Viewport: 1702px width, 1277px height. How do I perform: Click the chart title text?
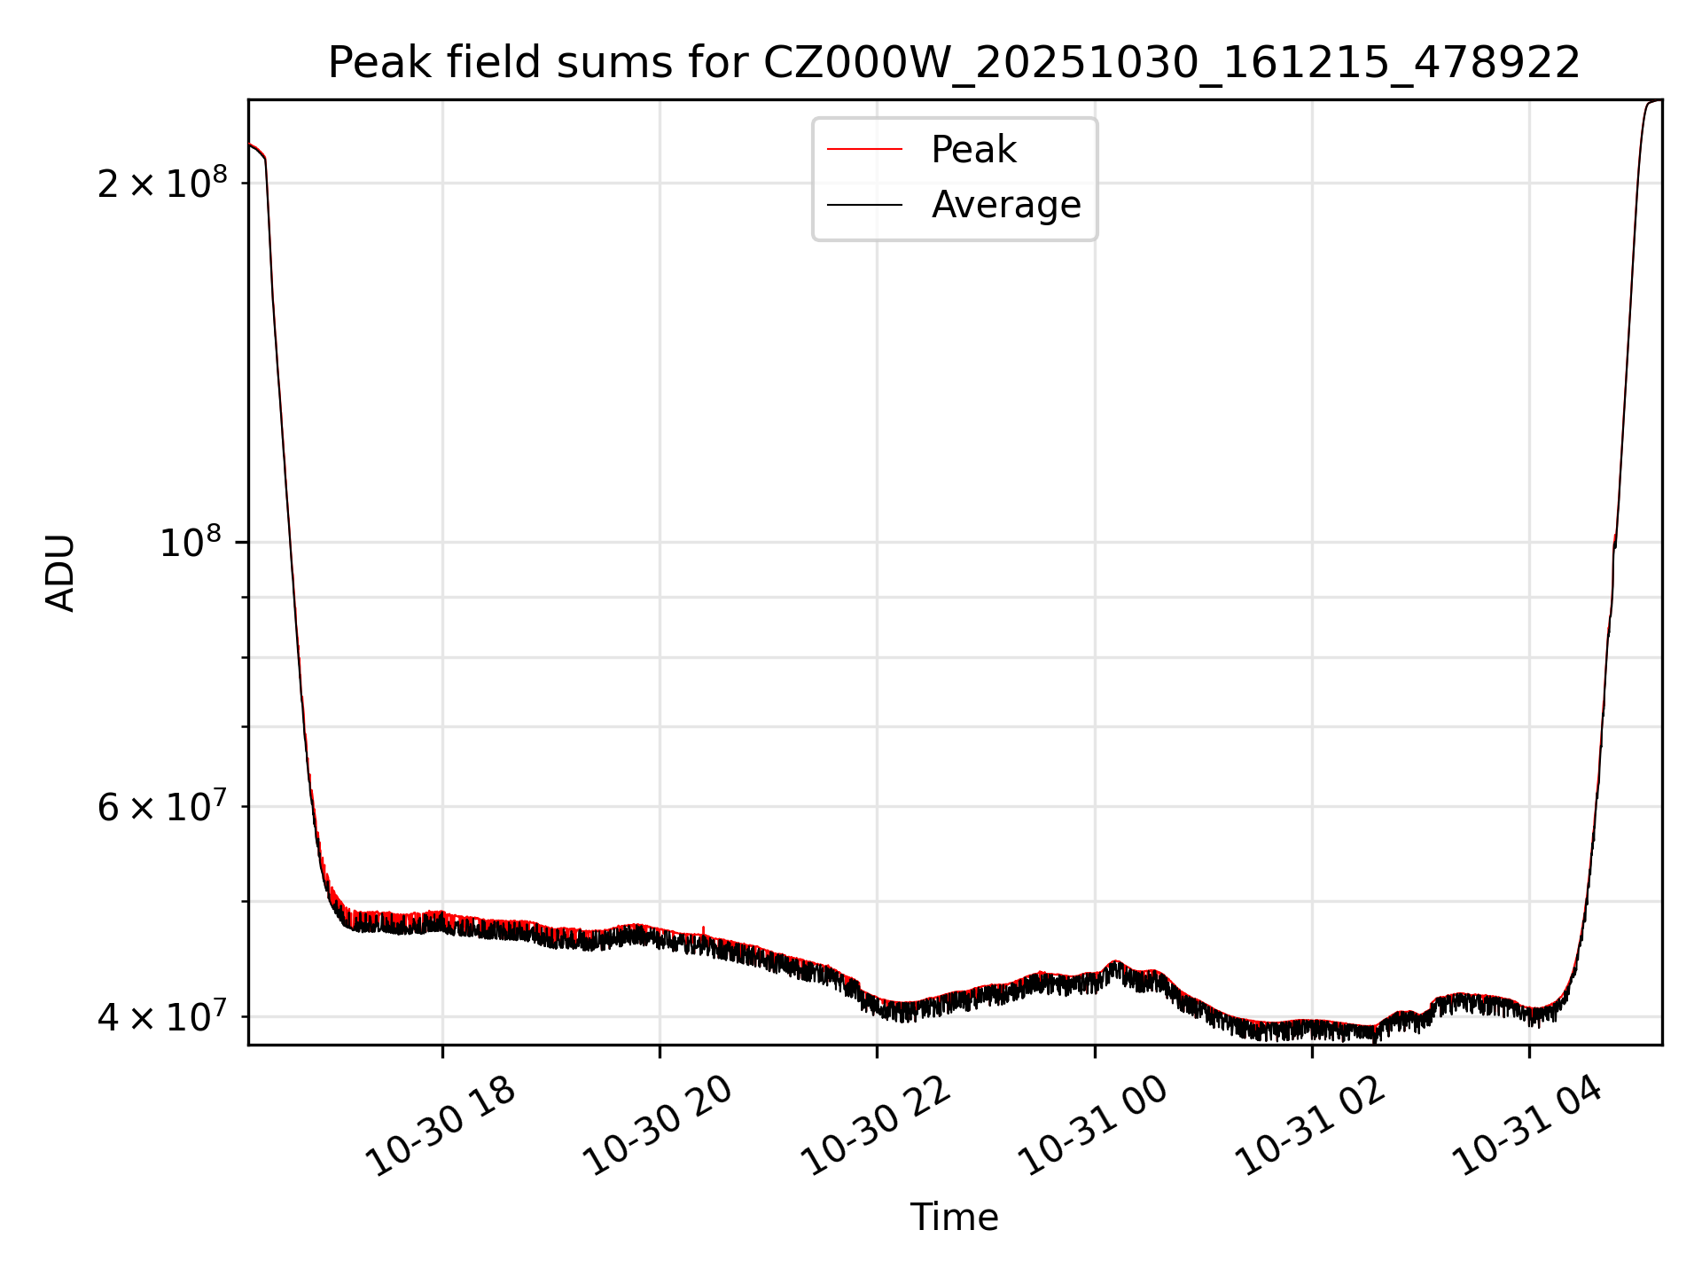tap(954, 63)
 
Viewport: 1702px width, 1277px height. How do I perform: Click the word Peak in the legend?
tap(973, 150)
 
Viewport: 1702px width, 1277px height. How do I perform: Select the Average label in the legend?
tap(1006, 205)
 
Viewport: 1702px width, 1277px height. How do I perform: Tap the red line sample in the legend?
tap(864, 150)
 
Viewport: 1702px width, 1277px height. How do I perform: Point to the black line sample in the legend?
tap(864, 205)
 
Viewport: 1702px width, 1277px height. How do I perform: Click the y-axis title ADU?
tap(60, 572)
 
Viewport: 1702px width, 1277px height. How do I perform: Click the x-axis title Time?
tap(954, 1218)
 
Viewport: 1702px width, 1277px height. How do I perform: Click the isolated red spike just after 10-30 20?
tap(704, 929)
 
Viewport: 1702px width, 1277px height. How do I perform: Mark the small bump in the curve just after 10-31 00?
tap(1116, 963)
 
